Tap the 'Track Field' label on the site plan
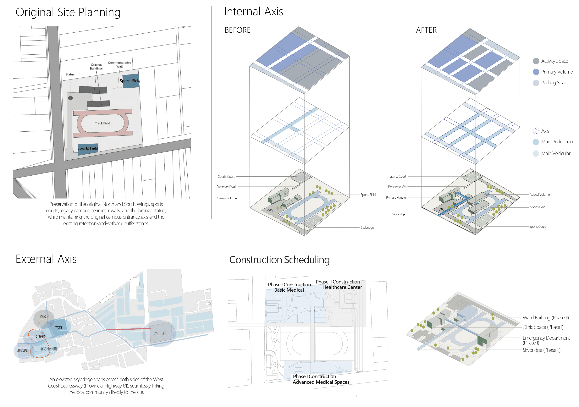click(102, 123)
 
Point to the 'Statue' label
click(70, 74)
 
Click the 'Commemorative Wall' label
click(119, 65)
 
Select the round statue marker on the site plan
click(71, 98)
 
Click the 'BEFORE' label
click(238, 30)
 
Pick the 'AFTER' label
click(426, 30)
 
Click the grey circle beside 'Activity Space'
click(536, 61)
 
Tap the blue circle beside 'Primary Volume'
click(536, 72)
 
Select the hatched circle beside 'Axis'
click(536, 131)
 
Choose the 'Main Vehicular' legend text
click(555, 153)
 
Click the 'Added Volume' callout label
click(540, 194)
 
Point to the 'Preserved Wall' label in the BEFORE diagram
click(226, 187)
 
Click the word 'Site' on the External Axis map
click(160, 333)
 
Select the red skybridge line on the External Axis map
click(128, 329)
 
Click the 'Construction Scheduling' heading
click(279, 260)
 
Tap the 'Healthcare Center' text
click(342, 287)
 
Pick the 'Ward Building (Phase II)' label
click(546, 318)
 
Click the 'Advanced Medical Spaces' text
click(321, 382)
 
